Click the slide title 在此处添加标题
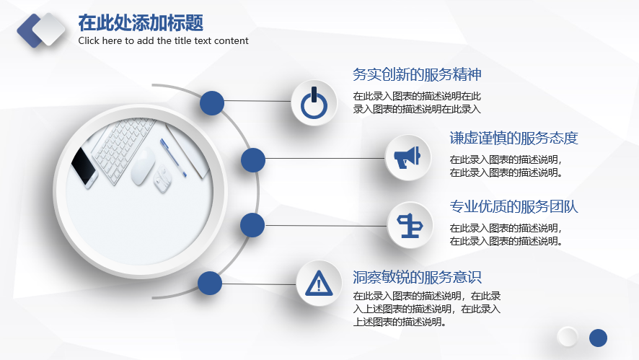coord(141,23)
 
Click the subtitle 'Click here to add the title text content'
coord(164,41)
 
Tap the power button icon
coord(314,102)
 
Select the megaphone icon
coord(407,157)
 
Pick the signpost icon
coord(410,226)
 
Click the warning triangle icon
coord(319,283)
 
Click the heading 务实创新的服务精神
coord(417,74)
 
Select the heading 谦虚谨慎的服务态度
coord(514,139)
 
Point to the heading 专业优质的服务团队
coord(514,207)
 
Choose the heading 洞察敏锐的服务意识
coord(417,277)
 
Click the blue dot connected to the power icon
coord(212,102)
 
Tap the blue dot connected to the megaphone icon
coord(253,160)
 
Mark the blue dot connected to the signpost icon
coord(252,225)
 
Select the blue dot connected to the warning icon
coord(210,283)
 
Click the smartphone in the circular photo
coord(84,167)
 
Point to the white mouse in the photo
coord(143,167)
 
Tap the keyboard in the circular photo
coord(123,146)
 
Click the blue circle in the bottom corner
coord(598,338)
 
